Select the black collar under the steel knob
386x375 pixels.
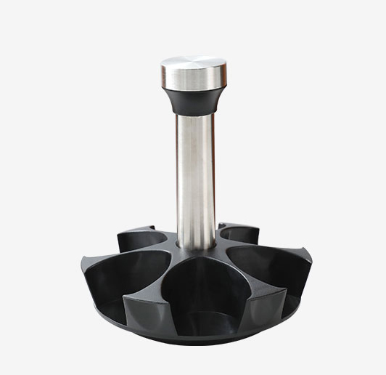point(193,100)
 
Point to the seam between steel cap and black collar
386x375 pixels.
point(193,89)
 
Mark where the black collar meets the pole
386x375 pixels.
point(194,114)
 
